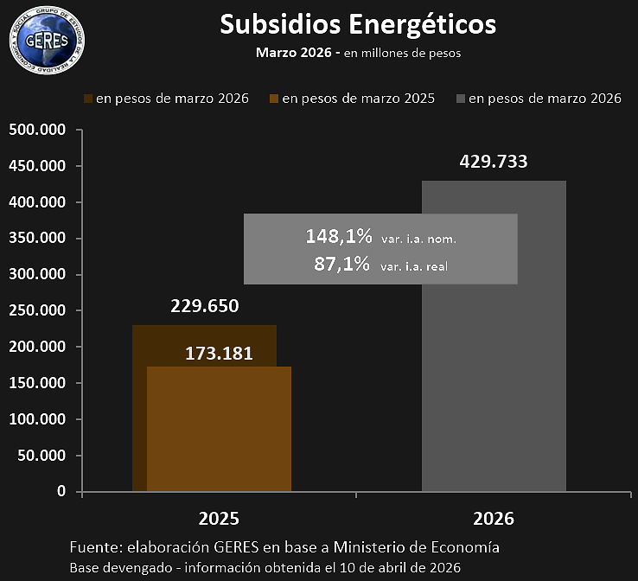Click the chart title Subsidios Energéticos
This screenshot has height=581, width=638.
pos(358,24)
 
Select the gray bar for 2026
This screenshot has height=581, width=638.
pos(494,346)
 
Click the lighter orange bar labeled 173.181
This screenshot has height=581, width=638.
pos(219,432)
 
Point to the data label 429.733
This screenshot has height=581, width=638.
pos(493,161)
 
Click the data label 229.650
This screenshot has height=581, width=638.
pos(204,306)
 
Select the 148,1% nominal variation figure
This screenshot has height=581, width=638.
pos(339,236)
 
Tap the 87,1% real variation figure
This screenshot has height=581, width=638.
pos(343,264)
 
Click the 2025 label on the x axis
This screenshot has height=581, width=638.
pos(219,519)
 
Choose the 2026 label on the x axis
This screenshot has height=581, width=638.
pos(494,519)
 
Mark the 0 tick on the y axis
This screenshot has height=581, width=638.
pos(61,491)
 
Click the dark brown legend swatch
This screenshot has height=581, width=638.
pos(88,99)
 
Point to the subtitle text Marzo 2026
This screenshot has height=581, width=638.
pos(294,53)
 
